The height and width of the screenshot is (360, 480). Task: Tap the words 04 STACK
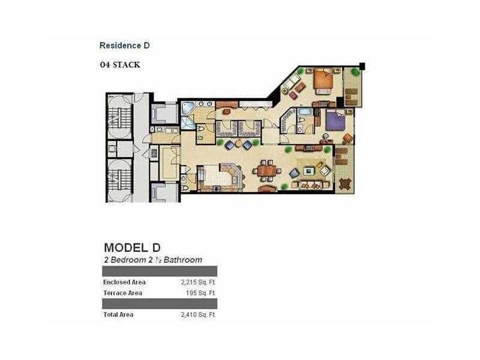click(x=120, y=65)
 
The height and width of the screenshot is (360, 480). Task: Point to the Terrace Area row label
click(x=122, y=293)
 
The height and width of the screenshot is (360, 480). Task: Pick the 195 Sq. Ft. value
click(x=200, y=293)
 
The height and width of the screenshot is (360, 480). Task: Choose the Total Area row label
click(x=118, y=314)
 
